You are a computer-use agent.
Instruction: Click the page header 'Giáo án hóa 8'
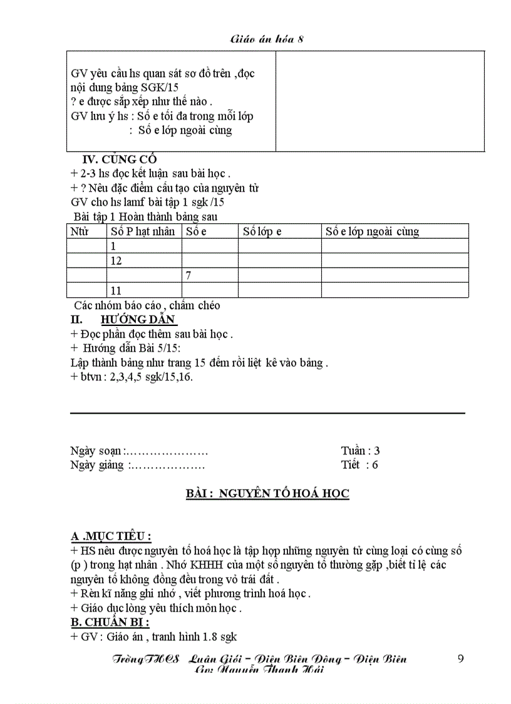(x=267, y=39)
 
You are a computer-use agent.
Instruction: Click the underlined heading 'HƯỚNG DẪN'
(x=135, y=320)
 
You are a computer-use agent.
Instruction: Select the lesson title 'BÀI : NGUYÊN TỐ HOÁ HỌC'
(x=267, y=494)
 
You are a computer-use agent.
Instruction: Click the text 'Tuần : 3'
(x=360, y=451)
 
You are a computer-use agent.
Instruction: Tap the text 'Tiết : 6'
(x=359, y=465)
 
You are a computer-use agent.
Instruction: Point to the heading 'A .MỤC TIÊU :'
(x=111, y=537)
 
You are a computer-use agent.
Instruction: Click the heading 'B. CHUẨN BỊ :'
(x=110, y=623)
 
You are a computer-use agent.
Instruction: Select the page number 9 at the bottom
(x=461, y=658)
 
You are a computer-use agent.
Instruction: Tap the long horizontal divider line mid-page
(x=267, y=413)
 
